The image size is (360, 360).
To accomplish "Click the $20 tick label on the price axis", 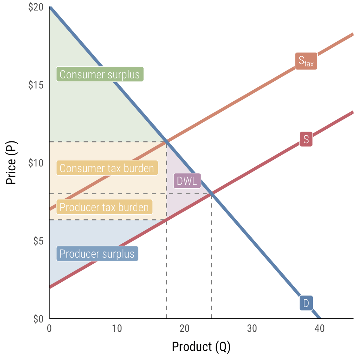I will point(36,7).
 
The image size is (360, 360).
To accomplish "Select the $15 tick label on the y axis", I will point(36,85).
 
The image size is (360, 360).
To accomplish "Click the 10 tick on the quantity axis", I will point(117,328).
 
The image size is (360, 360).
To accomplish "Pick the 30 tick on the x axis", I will point(252,328).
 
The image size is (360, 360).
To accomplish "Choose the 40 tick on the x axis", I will point(319,328).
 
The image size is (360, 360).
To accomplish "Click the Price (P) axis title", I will point(12,163).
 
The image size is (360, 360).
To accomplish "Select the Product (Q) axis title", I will point(201,347).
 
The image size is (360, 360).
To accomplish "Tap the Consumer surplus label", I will point(99,74).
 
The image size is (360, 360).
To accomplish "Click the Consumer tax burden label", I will point(106,168).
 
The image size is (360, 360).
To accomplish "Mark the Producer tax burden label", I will point(104,207).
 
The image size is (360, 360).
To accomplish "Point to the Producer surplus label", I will point(97,254).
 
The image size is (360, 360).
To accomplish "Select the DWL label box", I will point(187,181).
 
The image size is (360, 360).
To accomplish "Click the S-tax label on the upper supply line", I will point(306,61).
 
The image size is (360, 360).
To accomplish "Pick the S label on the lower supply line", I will point(306,139).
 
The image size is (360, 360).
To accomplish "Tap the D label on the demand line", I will point(306,303).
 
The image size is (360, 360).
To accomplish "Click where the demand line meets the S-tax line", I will point(166,141).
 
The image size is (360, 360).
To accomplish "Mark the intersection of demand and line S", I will point(211,193).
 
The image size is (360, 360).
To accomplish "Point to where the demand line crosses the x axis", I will point(319,318).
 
